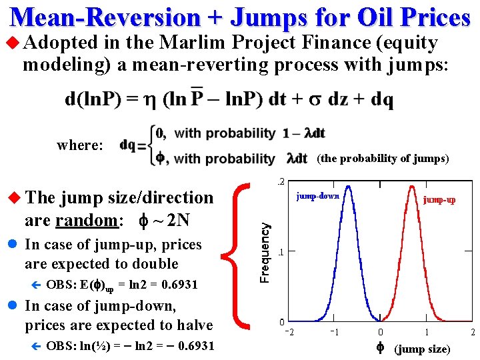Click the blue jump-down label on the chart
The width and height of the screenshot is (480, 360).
[x=318, y=196]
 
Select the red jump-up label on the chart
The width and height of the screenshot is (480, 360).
[x=439, y=199]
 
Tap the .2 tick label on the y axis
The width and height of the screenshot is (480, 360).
[x=282, y=181]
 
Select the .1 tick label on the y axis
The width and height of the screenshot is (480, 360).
[x=282, y=253]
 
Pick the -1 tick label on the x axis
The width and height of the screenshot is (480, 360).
[x=335, y=332]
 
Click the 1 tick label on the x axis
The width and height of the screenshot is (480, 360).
[x=427, y=332]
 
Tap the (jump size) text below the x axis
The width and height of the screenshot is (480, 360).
[x=422, y=349]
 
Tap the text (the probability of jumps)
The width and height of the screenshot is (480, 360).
[x=383, y=159]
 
